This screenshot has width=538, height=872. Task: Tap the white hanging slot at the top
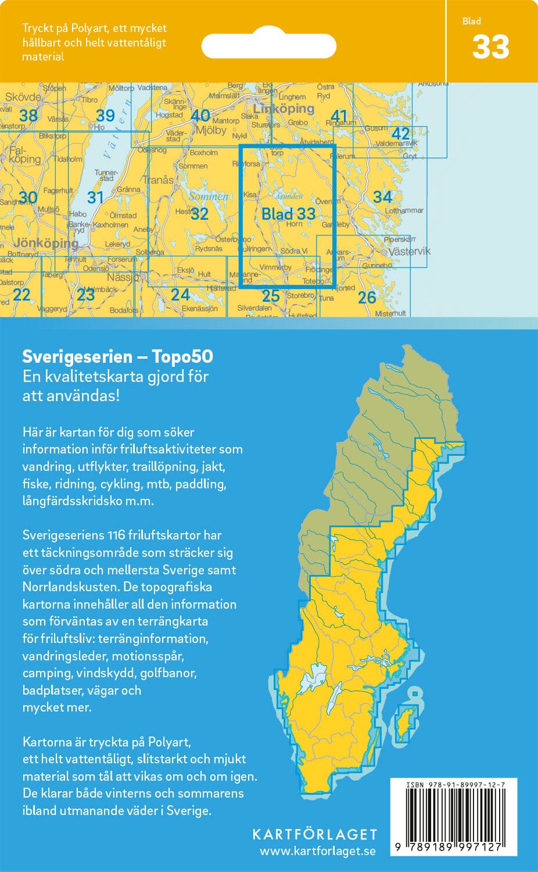point(268,46)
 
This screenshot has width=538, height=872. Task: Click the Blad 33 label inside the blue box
point(288,213)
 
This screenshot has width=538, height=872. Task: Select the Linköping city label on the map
point(283,109)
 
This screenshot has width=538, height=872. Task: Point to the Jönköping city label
point(46,243)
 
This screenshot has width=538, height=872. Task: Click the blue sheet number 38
point(28,115)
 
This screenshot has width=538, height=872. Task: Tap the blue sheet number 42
point(400,134)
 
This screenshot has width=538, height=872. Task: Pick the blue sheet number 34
point(382,196)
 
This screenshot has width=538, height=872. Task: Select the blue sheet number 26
point(367,298)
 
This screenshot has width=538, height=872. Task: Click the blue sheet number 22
point(21,294)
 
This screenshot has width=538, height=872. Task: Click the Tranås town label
point(158,180)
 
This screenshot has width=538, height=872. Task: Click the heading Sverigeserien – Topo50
point(117,356)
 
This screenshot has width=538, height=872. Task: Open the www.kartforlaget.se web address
point(317,851)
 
